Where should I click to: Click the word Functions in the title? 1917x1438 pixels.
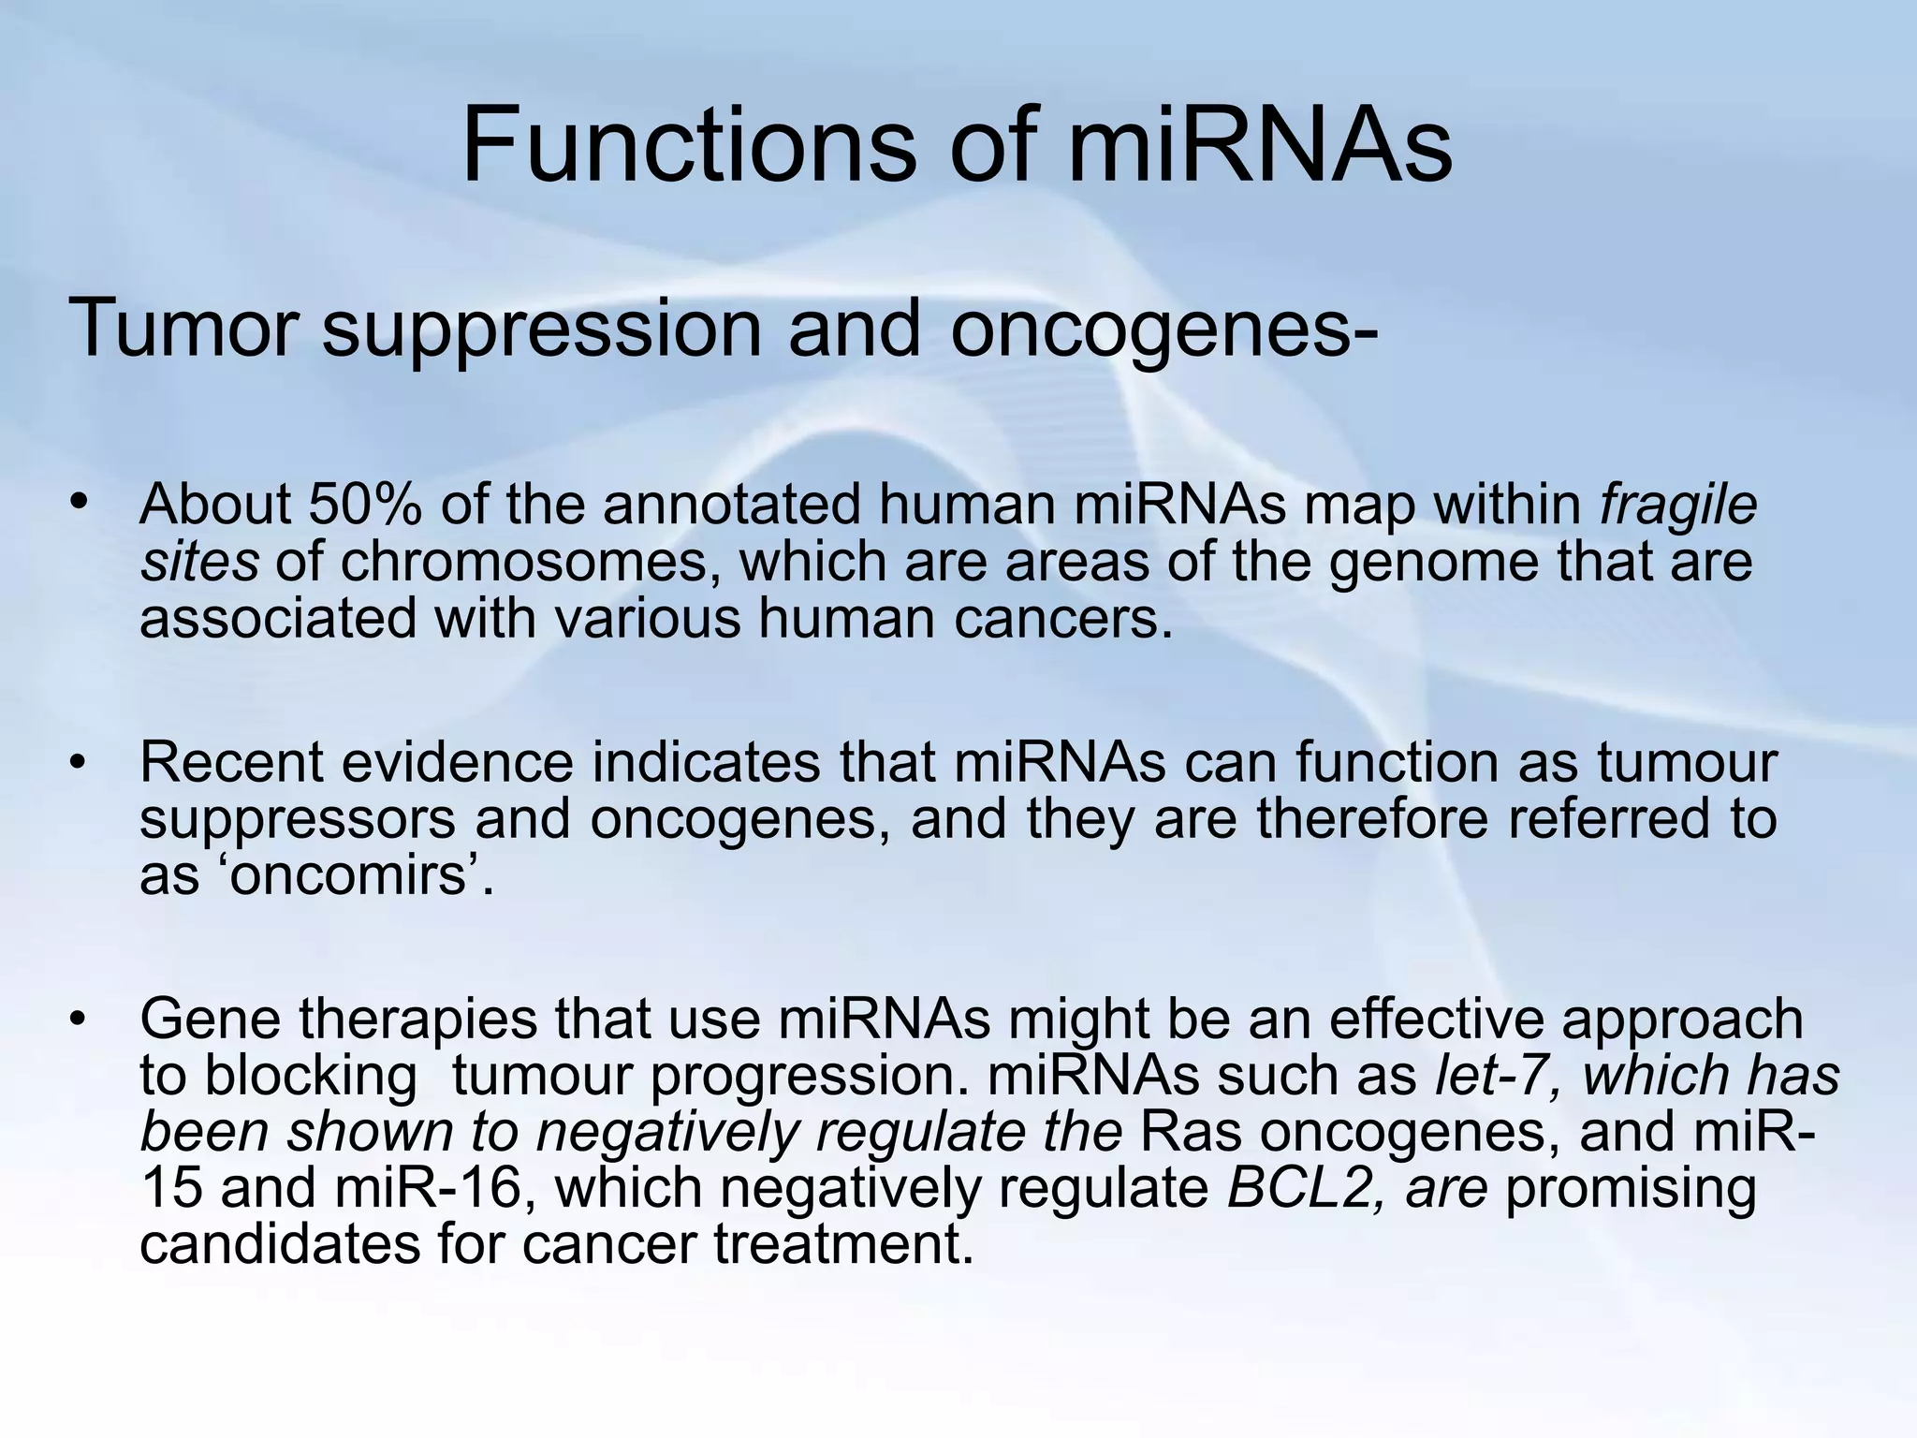tap(688, 145)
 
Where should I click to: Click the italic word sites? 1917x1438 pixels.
tap(199, 562)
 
